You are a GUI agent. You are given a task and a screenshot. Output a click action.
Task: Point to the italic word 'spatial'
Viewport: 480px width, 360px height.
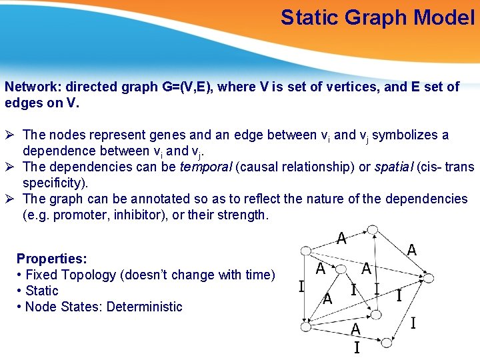click(394, 167)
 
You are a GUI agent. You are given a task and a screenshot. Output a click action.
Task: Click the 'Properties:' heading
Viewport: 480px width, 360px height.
click(52, 259)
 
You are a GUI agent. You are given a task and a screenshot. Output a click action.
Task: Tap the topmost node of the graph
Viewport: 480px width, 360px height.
click(373, 230)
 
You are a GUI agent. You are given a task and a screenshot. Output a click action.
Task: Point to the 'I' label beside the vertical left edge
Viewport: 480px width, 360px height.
click(301, 287)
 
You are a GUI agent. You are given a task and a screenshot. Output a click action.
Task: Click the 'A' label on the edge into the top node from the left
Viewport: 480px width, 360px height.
click(341, 238)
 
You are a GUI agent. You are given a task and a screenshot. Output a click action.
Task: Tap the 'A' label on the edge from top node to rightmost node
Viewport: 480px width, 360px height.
click(412, 251)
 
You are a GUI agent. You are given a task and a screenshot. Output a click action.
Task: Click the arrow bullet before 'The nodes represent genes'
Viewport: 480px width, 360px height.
click(10, 135)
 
